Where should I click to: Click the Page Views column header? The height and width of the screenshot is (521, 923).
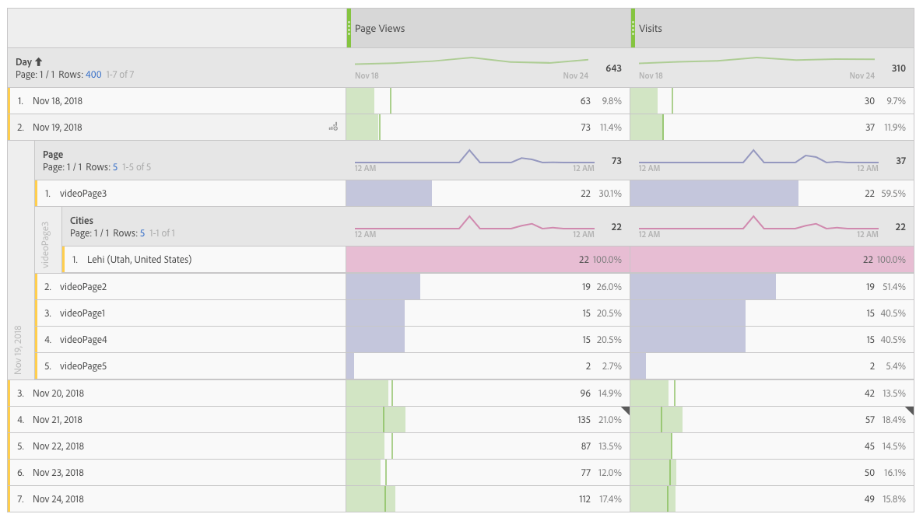pyautogui.click(x=380, y=29)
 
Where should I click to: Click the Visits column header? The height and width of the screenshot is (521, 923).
pyautogui.click(x=651, y=29)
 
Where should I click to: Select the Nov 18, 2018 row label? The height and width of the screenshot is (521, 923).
pyautogui.click(x=58, y=101)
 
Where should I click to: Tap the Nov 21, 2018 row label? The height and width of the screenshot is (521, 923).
pyautogui.click(x=58, y=420)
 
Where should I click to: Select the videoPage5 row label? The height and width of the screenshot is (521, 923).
pyautogui.click(x=83, y=366)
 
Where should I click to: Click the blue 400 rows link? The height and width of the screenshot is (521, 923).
pyautogui.click(x=93, y=75)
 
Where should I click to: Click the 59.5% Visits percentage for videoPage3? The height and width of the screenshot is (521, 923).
pyautogui.click(x=893, y=194)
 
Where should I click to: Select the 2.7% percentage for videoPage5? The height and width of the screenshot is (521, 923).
pyautogui.click(x=611, y=366)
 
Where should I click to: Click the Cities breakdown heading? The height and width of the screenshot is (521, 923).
pyautogui.click(x=82, y=221)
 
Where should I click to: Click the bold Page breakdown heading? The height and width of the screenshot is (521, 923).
pyautogui.click(x=53, y=155)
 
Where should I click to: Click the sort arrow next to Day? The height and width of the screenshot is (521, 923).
pyautogui.click(x=39, y=61)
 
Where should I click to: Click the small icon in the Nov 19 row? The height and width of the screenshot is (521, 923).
pyautogui.click(x=333, y=127)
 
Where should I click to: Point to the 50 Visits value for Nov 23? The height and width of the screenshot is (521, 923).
pyautogui.click(x=869, y=473)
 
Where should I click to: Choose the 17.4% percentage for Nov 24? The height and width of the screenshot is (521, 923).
pyautogui.click(x=609, y=499)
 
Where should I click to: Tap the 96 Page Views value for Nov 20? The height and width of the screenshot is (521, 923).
pyautogui.click(x=585, y=393)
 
